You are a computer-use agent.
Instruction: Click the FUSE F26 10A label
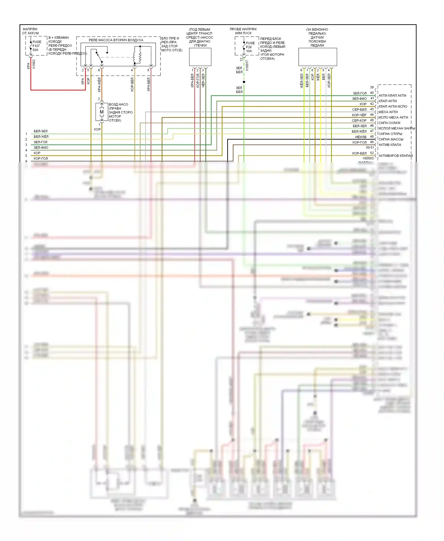pos(250,47)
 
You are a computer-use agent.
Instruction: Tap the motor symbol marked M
pos(102,112)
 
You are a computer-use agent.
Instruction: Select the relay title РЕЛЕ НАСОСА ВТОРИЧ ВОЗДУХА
pos(116,40)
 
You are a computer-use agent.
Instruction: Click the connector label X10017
pos(247,65)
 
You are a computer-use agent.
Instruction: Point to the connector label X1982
pos(34,64)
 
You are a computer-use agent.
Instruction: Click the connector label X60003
pos(368,158)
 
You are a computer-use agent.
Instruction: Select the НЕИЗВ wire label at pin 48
pos(361,137)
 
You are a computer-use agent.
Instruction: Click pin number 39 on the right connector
pos(372,87)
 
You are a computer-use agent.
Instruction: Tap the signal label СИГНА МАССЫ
pos(391,139)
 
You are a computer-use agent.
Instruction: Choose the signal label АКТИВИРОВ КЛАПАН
pos(395,156)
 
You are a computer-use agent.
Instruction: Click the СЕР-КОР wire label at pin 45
pos(359,120)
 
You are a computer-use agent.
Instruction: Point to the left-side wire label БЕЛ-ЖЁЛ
pos(41,137)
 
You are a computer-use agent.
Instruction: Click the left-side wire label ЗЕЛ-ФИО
pos(41,148)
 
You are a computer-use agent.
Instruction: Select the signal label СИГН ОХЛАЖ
pos(390,123)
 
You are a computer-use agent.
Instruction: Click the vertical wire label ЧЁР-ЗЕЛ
pos(203,80)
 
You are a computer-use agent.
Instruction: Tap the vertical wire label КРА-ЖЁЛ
pos(99,84)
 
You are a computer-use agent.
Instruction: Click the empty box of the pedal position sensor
pos(317,57)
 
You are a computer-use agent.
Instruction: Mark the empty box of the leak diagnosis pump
pos(200,57)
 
